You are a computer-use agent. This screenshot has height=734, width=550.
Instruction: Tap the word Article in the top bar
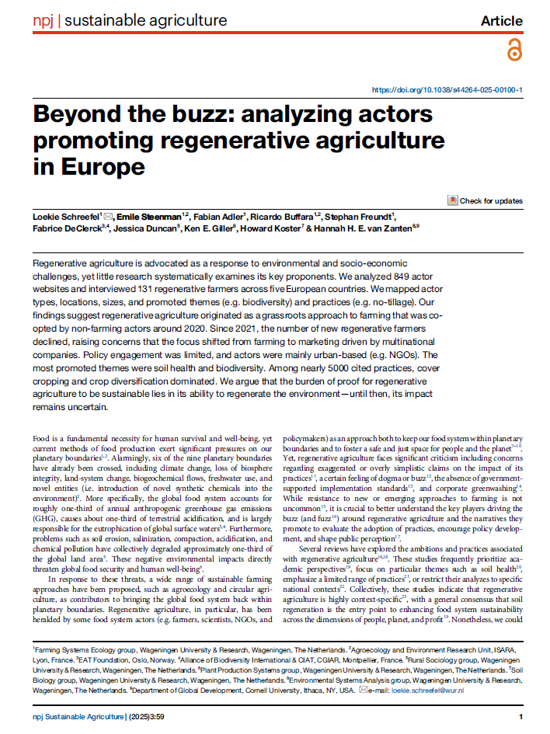pyautogui.click(x=502, y=21)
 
